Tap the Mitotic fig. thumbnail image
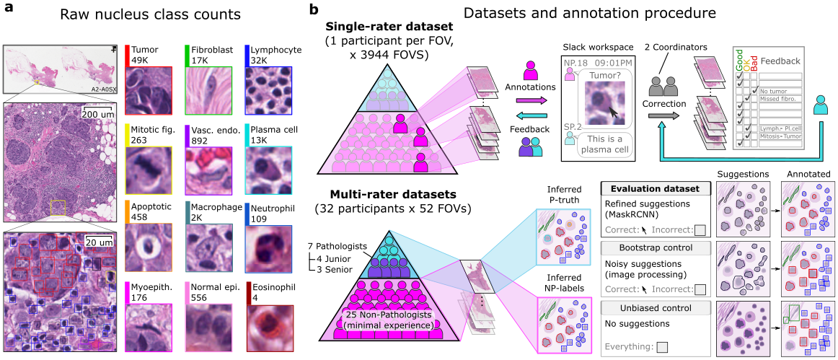149,171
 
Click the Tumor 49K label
145,55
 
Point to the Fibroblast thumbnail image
209,92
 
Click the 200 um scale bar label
97,114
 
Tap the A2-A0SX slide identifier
105,87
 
